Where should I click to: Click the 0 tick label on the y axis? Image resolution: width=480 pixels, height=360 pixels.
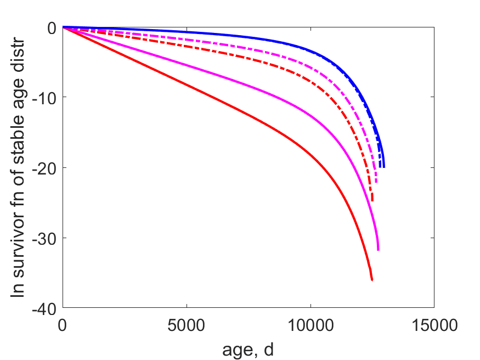click(52, 28)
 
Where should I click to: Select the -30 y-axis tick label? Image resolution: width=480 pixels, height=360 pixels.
click(44, 239)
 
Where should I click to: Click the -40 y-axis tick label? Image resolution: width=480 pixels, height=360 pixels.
click(44, 309)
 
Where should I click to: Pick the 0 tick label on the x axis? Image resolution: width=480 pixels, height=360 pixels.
click(62, 325)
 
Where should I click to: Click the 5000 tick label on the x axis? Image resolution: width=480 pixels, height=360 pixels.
click(186, 325)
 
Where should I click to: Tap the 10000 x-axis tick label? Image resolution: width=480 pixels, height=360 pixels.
click(310, 325)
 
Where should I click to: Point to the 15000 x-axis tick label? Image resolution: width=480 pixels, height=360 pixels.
click(434, 325)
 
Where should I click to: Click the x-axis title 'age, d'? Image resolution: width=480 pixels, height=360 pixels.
click(248, 350)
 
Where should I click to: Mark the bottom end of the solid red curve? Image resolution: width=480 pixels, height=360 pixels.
click(372, 280)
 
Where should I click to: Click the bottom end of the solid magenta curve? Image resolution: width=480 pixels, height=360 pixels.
click(379, 250)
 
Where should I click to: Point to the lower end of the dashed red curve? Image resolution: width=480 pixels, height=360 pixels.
click(372, 201)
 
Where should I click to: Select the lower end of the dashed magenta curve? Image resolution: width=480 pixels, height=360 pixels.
click(376, 182)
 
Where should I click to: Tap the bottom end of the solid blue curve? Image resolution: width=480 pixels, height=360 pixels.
click(384, 167)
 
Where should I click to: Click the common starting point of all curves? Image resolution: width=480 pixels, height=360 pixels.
click(63, 27)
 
